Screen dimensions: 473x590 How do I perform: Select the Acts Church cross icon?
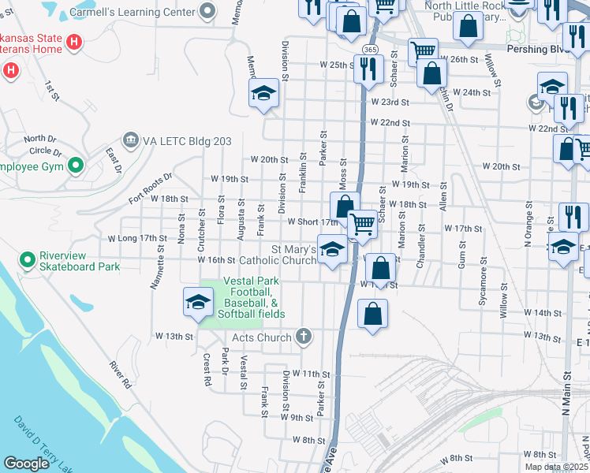pyautogui.click(x=303, y=337)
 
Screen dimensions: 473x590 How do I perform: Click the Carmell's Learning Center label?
pyautogui.click(x=133, y=13)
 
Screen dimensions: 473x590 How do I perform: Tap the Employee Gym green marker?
pyautogui.click(x=77, y=166)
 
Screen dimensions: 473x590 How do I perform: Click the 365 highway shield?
pyautogui.click(x=368, y=49)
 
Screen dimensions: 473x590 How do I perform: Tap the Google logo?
pyautogui.click(x=27, y=463)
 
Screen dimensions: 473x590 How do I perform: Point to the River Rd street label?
pyautogui.click(x=121, y=375)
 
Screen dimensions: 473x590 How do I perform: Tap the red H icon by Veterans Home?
pyautogui.click(x=74, y=41)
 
